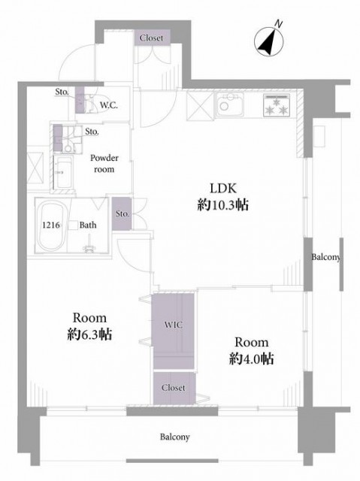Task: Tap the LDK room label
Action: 223,189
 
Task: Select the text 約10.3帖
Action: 223,204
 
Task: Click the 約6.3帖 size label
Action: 89,334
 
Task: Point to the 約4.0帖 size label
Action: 252,358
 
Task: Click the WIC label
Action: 174,325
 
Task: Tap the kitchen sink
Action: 230,104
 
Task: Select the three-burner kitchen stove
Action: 277,105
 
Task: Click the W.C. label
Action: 109,105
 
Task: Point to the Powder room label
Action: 104,164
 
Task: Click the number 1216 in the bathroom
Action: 51,225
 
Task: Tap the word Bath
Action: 88,225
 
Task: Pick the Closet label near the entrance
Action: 152,38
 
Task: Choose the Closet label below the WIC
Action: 174,388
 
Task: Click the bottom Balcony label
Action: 175,437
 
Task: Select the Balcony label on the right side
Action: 326,257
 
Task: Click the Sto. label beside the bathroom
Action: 123,213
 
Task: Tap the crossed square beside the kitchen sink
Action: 200,106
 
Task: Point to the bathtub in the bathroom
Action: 51,226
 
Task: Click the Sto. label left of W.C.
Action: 62,92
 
